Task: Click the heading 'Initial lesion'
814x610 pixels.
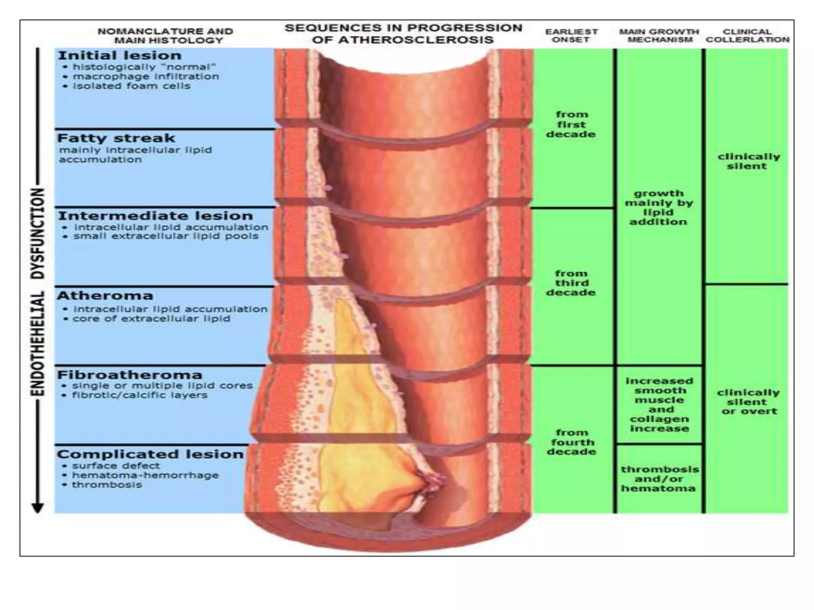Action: click(x=120, y=55)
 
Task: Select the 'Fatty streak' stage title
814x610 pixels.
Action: click(x=116, y=138)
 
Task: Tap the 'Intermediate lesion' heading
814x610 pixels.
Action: click(x=155, y=216)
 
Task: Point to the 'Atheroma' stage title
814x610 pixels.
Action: click(x=105, y=295)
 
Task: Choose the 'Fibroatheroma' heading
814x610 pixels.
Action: click(x=130, y=374)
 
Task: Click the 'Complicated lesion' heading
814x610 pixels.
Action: click(x=150, y=454)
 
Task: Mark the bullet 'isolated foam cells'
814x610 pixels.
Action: click(x=131, y=86)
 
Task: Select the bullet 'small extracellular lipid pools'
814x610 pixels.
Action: click(x=166, y=236)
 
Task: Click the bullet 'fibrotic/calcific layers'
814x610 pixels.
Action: click(x=140, y=395)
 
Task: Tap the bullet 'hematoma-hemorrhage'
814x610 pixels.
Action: click(x=145, y=475)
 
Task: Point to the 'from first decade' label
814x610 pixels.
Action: click(x=571, y=124)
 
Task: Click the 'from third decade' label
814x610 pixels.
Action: click(x=571, y=283)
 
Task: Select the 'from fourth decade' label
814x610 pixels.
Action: click(x=571, y=442)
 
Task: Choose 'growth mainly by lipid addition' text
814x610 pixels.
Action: click(x=659, y=207)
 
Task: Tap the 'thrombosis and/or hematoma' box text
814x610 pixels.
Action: click(x=659, y=479)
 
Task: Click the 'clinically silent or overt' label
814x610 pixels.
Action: click(x=748, y=402)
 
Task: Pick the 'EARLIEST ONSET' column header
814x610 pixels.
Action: click(x=571, y=35)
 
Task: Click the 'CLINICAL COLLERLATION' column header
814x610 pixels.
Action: click(x=747, y=35)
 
